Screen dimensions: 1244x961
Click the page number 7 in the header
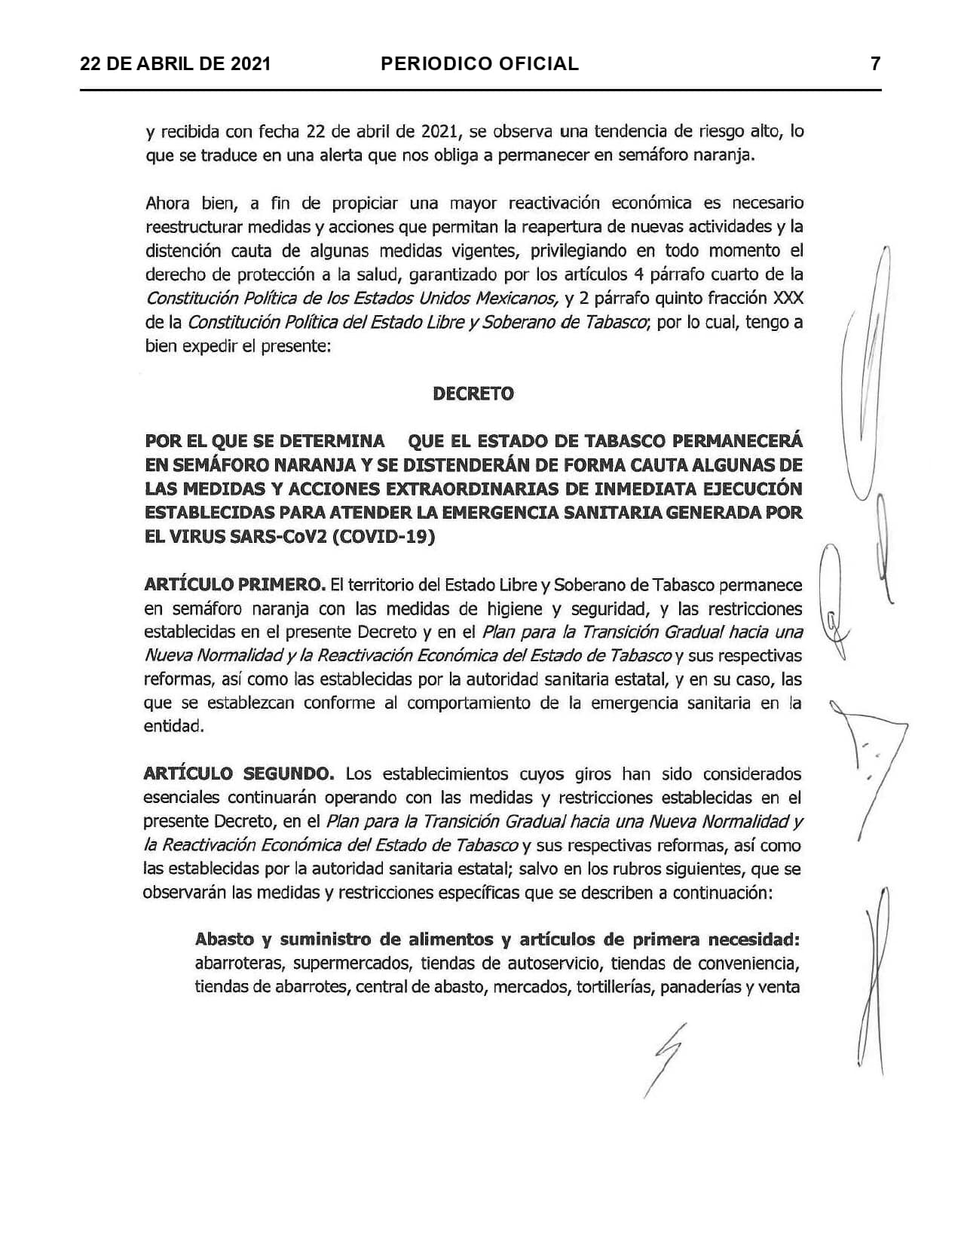pyautogui.click(x=875, y=64)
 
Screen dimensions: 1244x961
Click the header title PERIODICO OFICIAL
pyautogui.click(x=480, y=64)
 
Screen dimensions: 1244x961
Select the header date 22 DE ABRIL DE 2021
pyautogui.click(x=175, y=64)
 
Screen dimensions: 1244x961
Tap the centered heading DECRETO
pyautogui.click(x=473, y=394)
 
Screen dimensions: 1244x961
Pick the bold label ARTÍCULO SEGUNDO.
pyautogui.click(x=239, y=774)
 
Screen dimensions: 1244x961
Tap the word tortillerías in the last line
pyautogui.click(x=614, y=986)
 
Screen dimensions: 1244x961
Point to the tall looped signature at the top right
pyautogui.click(x=867, y=377)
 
